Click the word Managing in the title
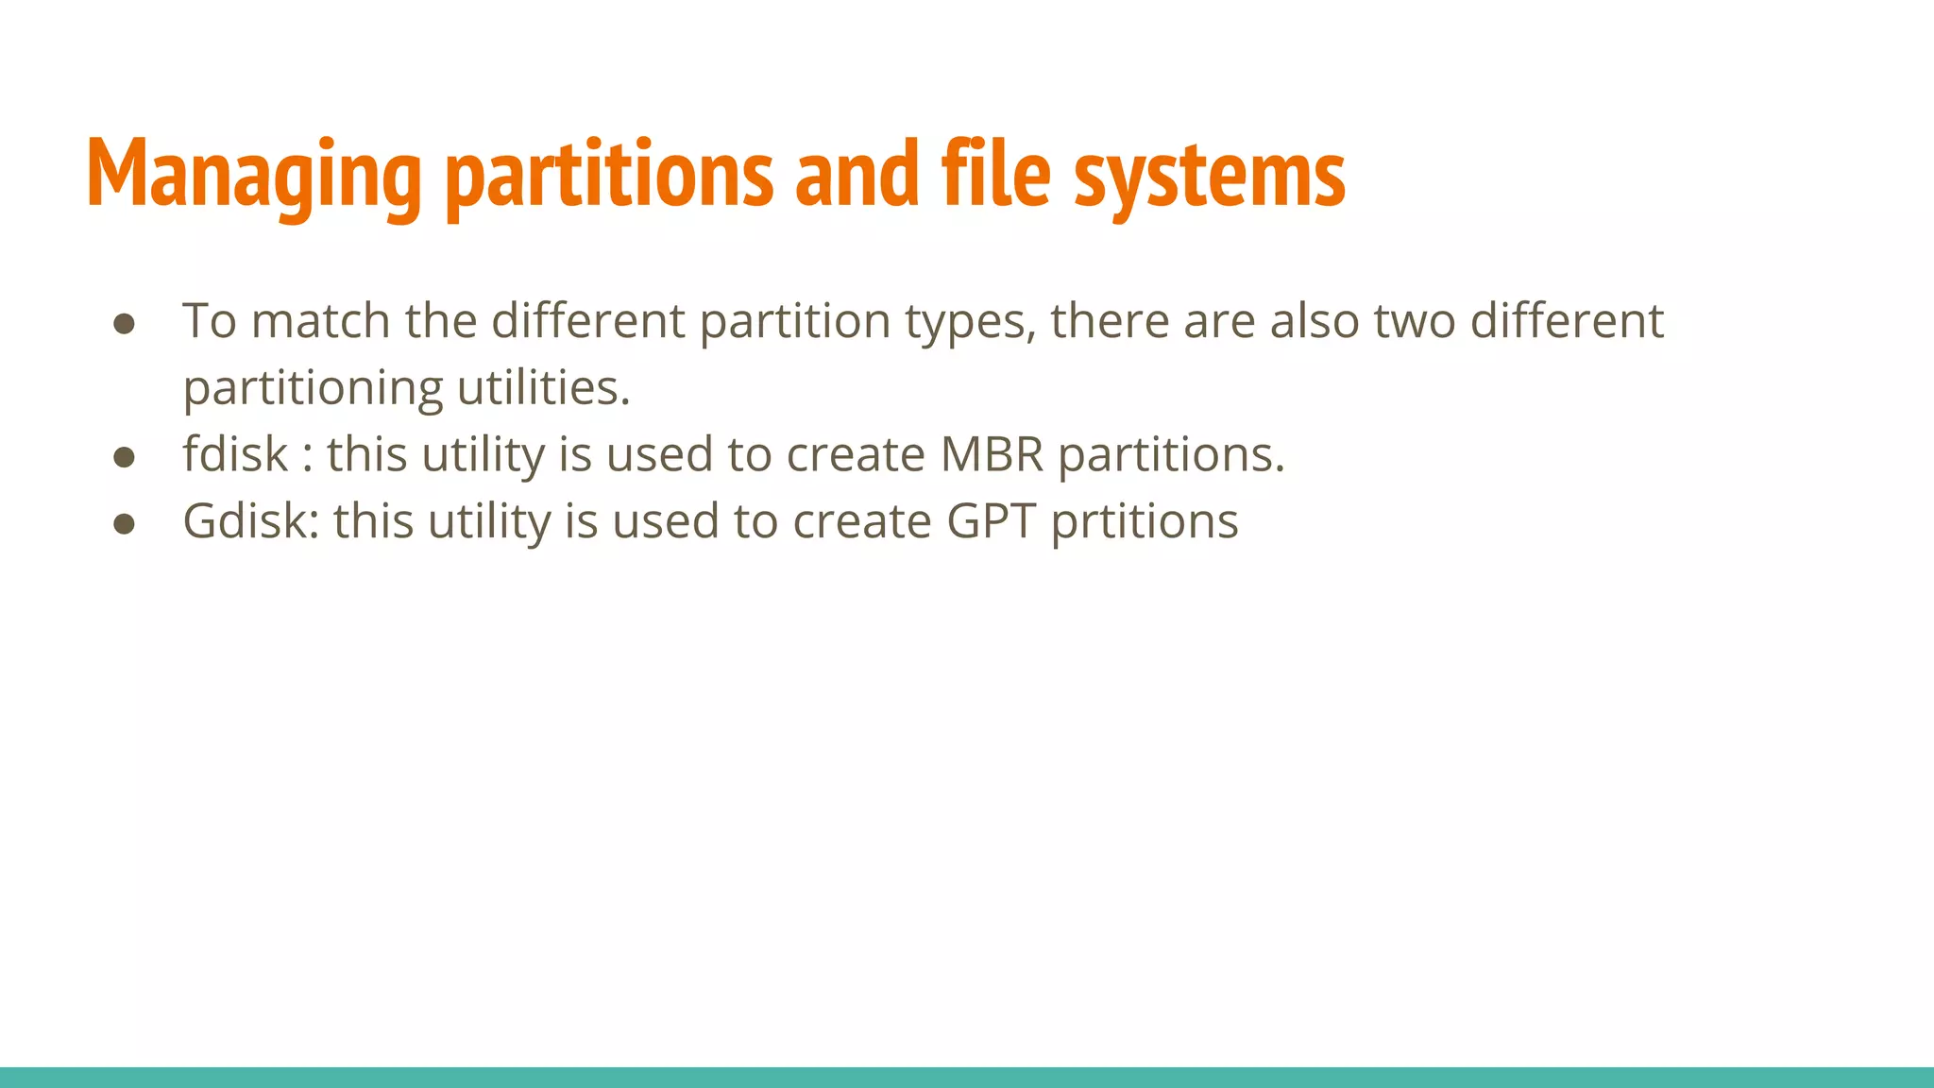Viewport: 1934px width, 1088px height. (x=253, y=175)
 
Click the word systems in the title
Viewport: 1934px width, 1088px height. (x=1209, y=175)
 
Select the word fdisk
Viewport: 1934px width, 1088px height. (x=235, y=454)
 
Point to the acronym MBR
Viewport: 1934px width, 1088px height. (x=992, y=454)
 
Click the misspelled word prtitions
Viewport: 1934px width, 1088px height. (x=1145, y=521)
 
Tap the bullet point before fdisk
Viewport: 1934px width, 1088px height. (x=124, y=457)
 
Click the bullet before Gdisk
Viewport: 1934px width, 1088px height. (x=124, y=524)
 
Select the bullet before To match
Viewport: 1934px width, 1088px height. (x=124, y=324)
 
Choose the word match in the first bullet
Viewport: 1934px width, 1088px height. (x=321, y=321)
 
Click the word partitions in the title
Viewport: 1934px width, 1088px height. (x=609, y=175)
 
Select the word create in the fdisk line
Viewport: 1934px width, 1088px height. (x=856, y=454)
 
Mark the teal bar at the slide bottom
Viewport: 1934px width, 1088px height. (x=967, y=1077)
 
